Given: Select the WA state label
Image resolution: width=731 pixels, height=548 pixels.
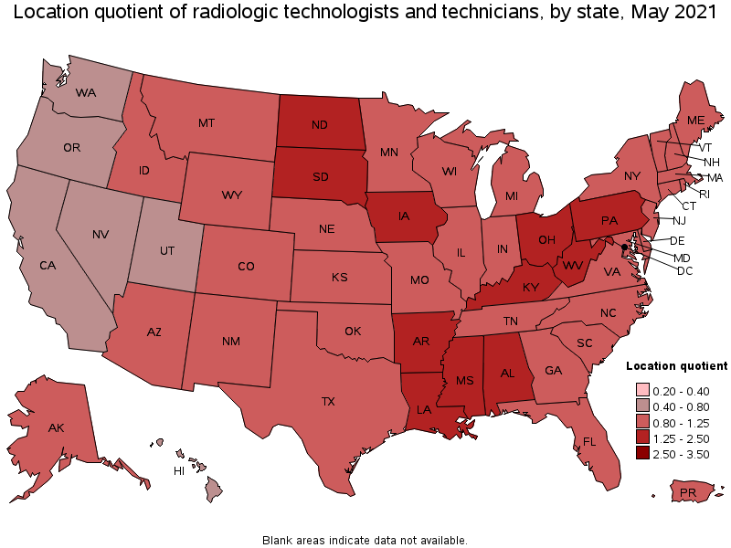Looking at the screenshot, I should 86,93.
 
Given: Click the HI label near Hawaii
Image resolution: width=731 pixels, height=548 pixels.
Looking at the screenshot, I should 180,470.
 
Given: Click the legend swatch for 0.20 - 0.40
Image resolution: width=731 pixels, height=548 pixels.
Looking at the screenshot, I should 643,390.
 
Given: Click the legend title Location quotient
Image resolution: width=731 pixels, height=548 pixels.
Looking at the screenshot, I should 676,365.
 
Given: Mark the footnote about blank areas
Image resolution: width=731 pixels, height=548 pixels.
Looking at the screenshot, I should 365,540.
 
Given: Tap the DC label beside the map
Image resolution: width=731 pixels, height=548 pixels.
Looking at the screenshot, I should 684,271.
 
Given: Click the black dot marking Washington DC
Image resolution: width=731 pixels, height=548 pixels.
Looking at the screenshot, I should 625,247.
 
